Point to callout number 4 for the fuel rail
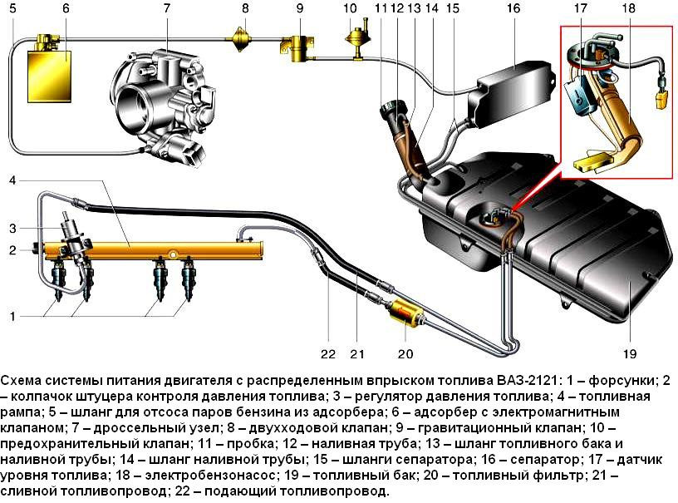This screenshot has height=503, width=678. (12, 180)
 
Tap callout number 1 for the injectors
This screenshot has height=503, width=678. (11, 315)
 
